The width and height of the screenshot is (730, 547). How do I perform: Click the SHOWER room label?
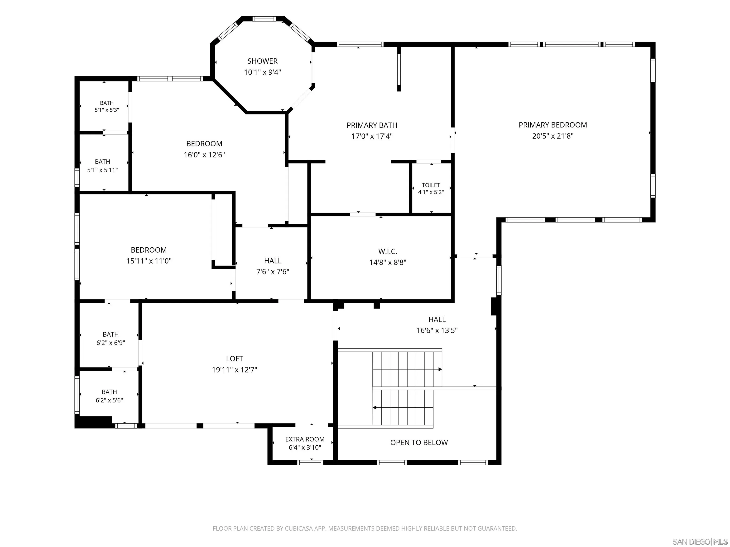[262, 61]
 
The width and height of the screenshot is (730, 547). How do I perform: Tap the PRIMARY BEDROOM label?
[553, 125]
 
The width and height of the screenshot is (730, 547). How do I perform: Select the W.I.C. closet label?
[388, 252]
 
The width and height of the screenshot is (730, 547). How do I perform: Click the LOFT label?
[235, 359]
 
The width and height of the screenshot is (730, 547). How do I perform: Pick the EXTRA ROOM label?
[305, 439]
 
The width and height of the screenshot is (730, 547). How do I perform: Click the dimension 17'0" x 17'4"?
[372, 136]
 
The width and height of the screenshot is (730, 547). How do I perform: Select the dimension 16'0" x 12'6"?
[204, 155]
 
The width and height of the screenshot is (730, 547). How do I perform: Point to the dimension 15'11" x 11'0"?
[149, 261]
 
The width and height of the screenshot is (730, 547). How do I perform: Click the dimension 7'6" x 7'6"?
[273, 272]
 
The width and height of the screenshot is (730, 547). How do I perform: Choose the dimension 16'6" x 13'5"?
[437, 330]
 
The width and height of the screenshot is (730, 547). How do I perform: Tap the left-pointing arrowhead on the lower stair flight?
[375, 408]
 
